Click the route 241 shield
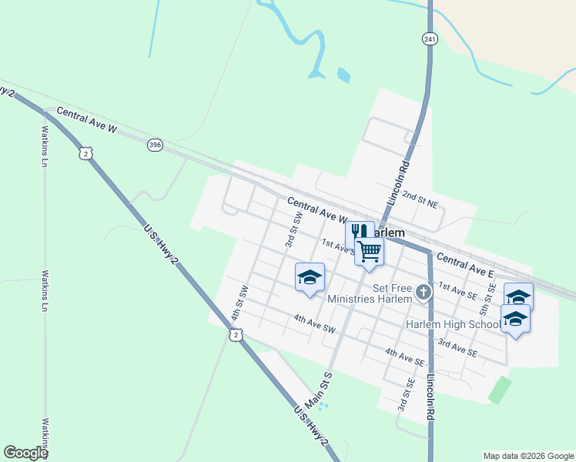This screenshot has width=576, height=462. pyautogui.click(x=430, y=38)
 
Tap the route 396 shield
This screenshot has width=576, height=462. pyautogui.click(x=156, y=144)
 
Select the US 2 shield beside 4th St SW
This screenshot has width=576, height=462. pyautogui.click(x=236, y=334)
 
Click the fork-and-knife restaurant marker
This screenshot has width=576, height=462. pyautogui.click(x=359, y=233)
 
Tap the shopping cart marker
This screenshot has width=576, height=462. pyautogui.click(x=370, y=251)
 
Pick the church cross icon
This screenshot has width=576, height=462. pyautogui.click(x=423, y=292)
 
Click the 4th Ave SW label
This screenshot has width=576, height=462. pyautogui.click(x=314, y=323)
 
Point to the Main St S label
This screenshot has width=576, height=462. pyautogui.click(x=317, y=390)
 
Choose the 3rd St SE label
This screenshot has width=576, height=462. pyautogui.click(x=402, y=394)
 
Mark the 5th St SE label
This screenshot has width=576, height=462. pyautogui.click(x=486, y=298)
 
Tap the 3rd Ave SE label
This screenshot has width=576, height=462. pyautogui.click(x=457, y=347)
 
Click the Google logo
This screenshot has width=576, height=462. pyautogui.click(x=25, y=453)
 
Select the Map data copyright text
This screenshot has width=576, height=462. pyautogui.click(x=527, y=456)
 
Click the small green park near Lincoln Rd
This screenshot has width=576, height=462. pyautogui.click(x=500, y=390)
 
